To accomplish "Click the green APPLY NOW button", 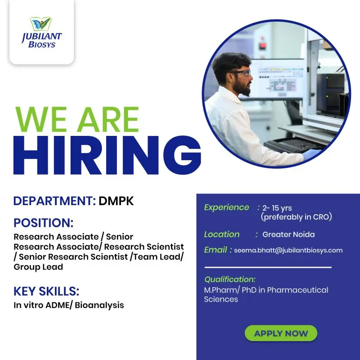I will point(281,333).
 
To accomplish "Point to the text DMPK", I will point(116,201).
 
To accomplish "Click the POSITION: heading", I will point(43,223).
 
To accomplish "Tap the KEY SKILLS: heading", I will point(46,291).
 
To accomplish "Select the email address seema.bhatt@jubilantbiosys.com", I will point(288,250).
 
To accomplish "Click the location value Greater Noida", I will point(288,234).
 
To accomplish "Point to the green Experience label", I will point(226,207).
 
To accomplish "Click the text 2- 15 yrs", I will point(277,208).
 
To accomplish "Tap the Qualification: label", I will point(230,279).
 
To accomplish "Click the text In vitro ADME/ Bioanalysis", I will point(69,305).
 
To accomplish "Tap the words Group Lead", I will point(38,267).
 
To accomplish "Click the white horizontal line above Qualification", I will point(268,267).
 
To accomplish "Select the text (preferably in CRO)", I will point(296,217).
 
